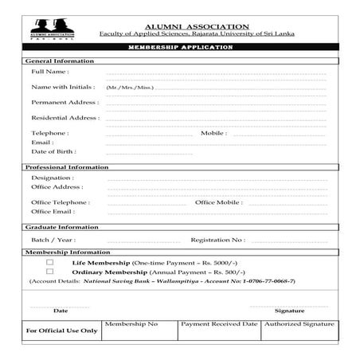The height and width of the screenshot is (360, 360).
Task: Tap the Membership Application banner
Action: click(180, 49)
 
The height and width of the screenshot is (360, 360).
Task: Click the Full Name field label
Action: click(49, 72)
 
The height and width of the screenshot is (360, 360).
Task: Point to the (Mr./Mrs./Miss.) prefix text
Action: click(129, 87)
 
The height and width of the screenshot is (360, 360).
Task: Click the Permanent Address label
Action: click(65, 102)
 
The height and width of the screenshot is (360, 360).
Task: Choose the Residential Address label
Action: click(65, 117)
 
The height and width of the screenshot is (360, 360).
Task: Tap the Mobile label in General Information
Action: click(213, 133)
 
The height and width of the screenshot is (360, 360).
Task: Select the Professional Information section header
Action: click(67, 167)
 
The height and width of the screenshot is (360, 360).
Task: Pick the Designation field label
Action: click(53, 178)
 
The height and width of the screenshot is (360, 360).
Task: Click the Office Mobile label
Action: click(219, 202)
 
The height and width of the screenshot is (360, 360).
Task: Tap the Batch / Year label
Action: click(53, 239)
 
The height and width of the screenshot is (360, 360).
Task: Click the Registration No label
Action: click(217, 239)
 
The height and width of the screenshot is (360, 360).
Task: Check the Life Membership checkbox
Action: click(49, 262)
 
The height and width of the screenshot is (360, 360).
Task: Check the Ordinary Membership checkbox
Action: click(49, 272)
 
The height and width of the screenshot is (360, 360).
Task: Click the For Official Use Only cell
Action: click(61, 330)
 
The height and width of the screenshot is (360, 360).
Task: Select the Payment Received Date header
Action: click(218, 324)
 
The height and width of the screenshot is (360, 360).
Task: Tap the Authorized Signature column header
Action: click(299, 324)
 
